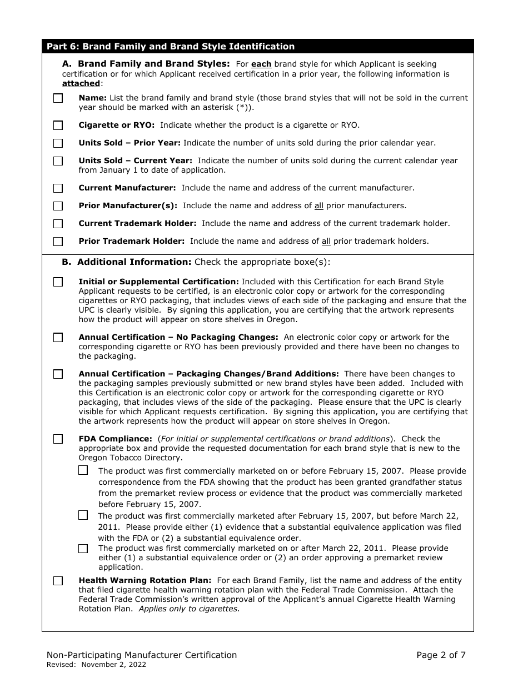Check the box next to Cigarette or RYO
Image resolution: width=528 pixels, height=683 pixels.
(x=58, y=125)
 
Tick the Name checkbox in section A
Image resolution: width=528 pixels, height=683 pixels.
(x=58, y=98)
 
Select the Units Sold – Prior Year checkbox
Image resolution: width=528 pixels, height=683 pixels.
(x=58, y=143)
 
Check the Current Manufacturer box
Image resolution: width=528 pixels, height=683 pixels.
(x=58, y=188)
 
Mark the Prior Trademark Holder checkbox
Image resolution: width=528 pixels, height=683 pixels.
(x=58, y=242)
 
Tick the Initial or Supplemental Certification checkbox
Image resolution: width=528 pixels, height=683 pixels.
(x=58, y=282)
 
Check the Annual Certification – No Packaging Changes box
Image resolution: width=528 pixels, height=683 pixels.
(x=58, y=338)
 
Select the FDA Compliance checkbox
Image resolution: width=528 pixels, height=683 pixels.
(x=58, y=439)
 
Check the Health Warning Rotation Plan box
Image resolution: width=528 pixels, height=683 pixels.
(x=58, y=581)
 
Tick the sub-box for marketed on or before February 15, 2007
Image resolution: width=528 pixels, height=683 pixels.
(x=83, y=470)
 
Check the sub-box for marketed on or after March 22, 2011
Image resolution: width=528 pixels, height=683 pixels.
(x=83, y=549)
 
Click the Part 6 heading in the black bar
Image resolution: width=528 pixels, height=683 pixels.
(x=171, y=47)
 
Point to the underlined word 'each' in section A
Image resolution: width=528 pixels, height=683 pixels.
(x=261, y=64)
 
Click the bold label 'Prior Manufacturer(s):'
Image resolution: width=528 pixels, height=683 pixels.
(x=128, y=205)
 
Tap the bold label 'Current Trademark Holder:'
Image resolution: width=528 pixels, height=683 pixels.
(x=137, y=223)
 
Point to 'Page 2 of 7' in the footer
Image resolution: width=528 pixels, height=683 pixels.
(x=441, y=655)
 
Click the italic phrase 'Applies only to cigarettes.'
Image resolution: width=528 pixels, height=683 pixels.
(x=189, y=609)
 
